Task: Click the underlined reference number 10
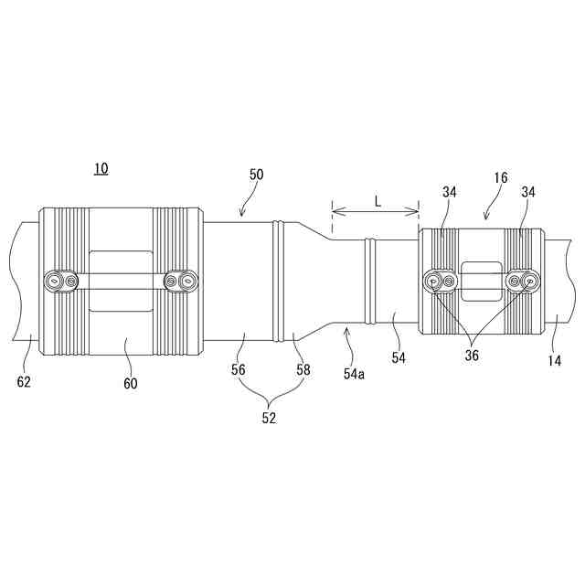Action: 101,168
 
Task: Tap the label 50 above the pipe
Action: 257,174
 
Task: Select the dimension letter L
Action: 377,200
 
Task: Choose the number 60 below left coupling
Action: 130,384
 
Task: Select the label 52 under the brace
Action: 268,419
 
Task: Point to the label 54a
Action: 354,374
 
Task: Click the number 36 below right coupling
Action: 472,356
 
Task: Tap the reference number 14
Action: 554,360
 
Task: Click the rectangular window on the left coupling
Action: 121,282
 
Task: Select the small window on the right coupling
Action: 481,281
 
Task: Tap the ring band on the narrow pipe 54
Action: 370,280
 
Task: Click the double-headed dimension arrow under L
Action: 375,213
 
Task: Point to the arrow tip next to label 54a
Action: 346,327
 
